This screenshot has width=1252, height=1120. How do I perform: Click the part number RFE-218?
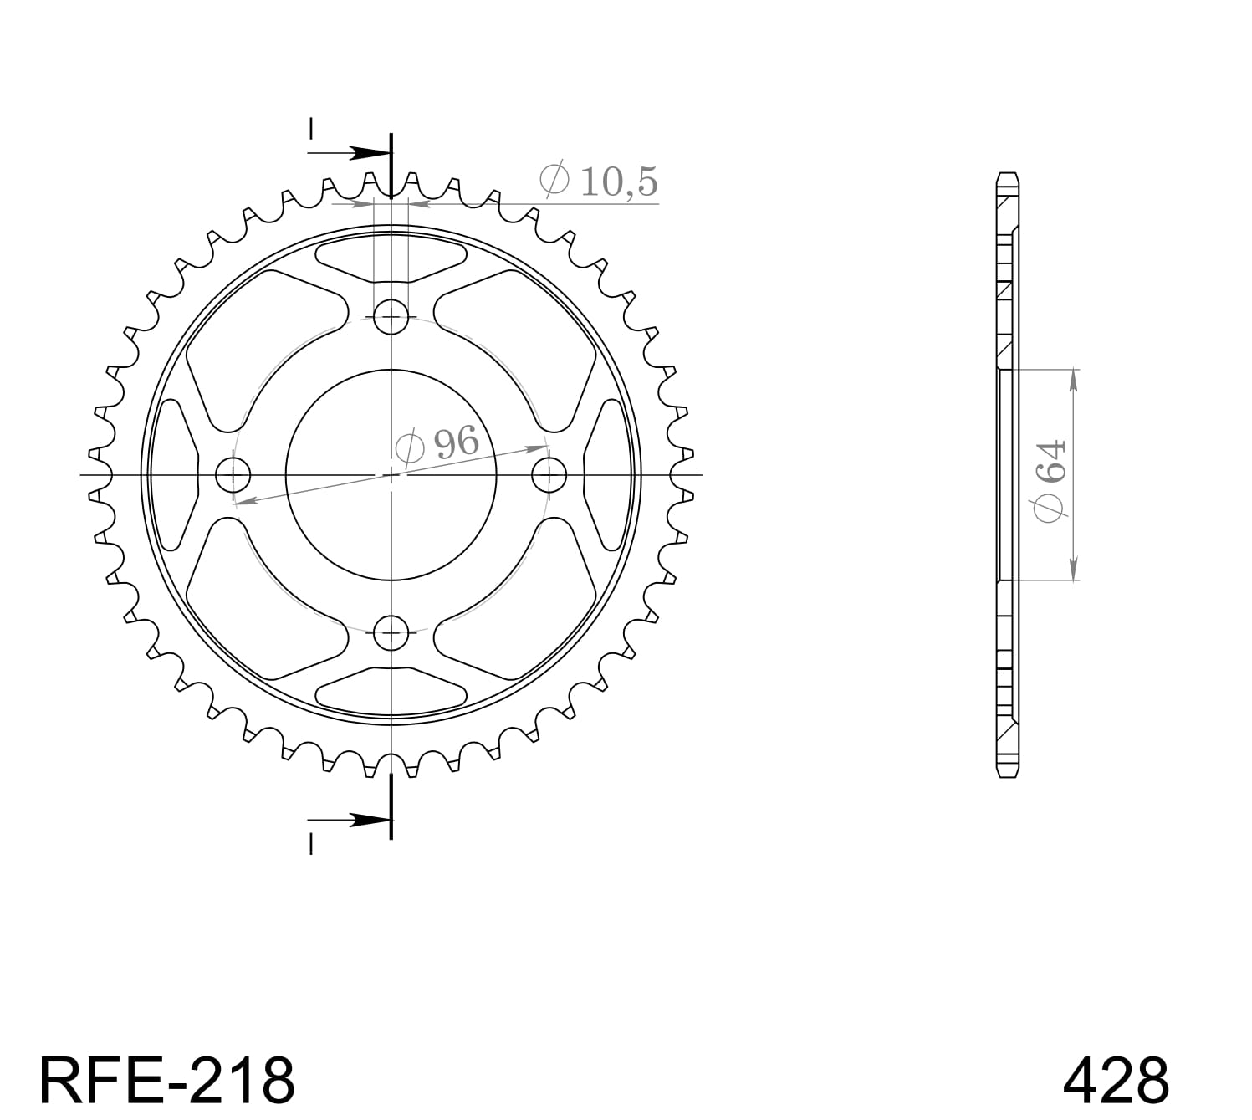(x=166, y=1080)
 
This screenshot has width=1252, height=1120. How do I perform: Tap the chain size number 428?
(x=1115, y=1080)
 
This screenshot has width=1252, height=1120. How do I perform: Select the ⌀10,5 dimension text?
(x=599, y=181)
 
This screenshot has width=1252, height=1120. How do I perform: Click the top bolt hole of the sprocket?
(x=391, y=316)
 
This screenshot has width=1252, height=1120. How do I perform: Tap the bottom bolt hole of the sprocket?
(x=391, y=632)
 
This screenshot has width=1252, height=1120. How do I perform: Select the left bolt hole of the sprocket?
(x=233, y=475)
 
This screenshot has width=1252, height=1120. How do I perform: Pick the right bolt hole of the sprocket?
(x=549, y=475)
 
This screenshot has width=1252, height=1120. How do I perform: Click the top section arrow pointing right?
(x=368, y=153)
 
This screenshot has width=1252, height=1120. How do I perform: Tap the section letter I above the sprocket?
(x=310, y=129)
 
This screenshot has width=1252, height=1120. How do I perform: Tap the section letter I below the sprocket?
(x=310, y=846)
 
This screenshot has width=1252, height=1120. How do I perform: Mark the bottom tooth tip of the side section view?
(x=1008, y=775)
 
